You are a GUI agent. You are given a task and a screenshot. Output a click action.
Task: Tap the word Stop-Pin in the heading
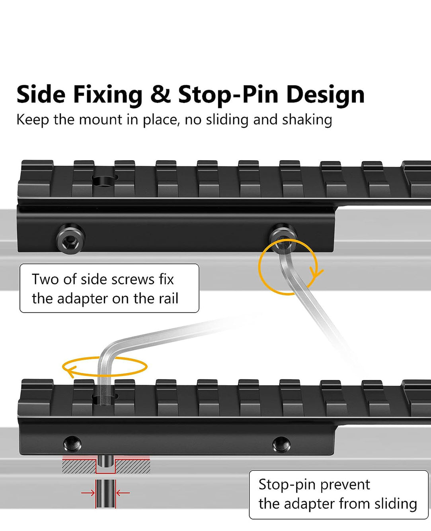click(x=228, y=95)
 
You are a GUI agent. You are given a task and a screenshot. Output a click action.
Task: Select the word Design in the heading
click(x=325, y=95)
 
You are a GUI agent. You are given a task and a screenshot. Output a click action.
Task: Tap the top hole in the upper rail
click(x=105, y=180)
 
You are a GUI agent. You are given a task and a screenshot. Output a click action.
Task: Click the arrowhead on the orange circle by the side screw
click(x=317, y=274)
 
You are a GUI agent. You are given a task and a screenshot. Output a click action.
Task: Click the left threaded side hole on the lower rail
click(x=72, y=443)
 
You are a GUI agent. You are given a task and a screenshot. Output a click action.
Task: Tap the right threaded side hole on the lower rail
click(x=281, y=443)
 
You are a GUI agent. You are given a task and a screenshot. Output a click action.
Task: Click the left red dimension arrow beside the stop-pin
click(x=88, y=493)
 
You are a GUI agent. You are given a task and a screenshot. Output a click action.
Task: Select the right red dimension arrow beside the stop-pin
click(x=123, y=493)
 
